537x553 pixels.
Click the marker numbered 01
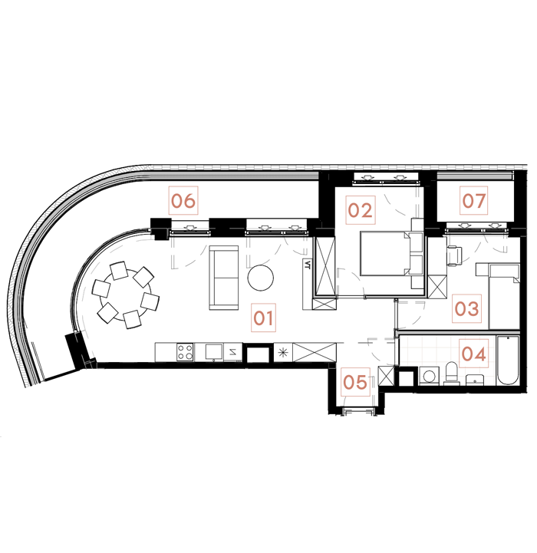[x=263, y=317]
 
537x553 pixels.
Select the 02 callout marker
[x=360, y=210]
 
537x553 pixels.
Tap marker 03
[x=466, y=310]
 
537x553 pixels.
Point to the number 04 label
[x=473, y=355]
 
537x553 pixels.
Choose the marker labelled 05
[x=356, y=381]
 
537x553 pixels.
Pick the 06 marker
[x=183, y=202]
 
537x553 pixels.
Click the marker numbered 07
[x=474, y=202]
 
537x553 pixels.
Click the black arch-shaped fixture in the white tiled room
[x=451, y=374]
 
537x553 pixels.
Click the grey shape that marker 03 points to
[x=417, y=311]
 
